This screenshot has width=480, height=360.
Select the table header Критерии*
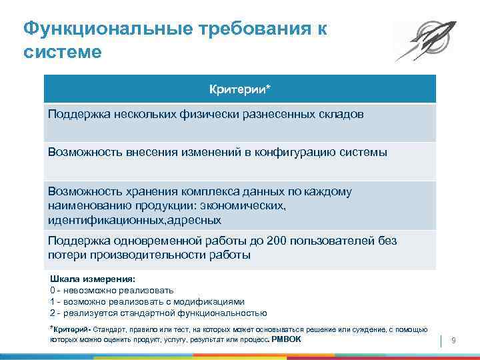pos(240,89)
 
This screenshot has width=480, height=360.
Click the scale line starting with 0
pos(112,291)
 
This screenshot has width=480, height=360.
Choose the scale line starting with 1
pos(147,301)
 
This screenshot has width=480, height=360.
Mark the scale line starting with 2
pos(159,313)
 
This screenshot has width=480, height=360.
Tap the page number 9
pos(453,341)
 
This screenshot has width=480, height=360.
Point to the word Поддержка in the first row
pos(73,114)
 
